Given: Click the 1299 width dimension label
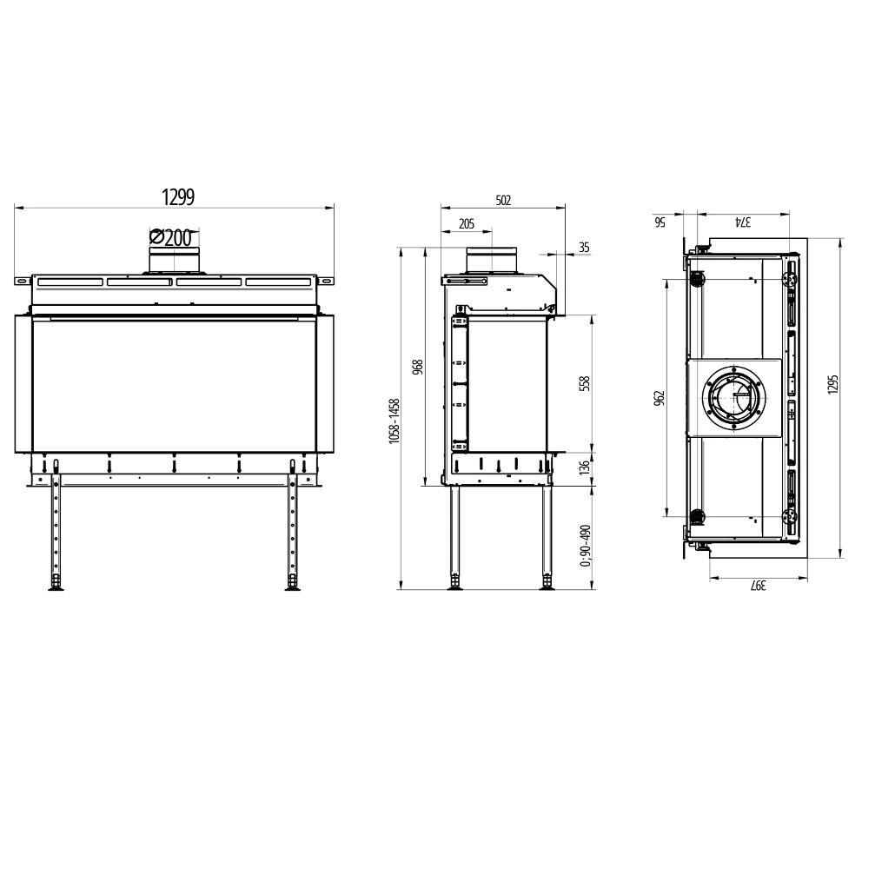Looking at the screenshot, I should [177, 197].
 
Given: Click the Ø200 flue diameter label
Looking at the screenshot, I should [170, 237].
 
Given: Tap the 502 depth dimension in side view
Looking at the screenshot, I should [503, 200].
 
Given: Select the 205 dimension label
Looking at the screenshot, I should [466, 224].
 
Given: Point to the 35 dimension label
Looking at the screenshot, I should [583, 248].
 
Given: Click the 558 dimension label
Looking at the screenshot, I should [584, 383].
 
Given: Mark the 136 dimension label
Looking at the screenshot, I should [584, 467].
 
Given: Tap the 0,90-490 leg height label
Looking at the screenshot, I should [585, 545].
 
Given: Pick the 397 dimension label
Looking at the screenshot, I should [758, 586].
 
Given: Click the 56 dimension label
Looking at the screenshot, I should [660, 222].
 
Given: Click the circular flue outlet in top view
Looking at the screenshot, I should [735, 399].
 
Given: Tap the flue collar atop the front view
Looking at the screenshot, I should [175, 260].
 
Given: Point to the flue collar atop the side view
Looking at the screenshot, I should [492, 260].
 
